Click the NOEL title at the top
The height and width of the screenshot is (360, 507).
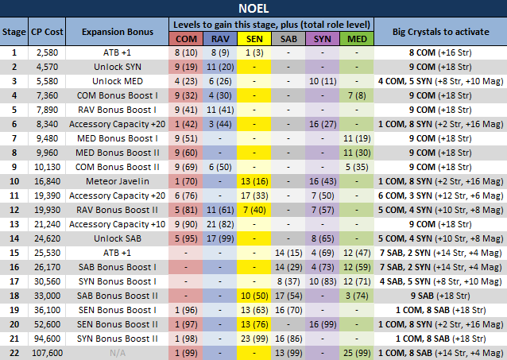[x=253, y=10]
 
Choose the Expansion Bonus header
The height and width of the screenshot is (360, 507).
[x=117, y=31]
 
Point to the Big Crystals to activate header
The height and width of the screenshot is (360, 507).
[x=440, y=31]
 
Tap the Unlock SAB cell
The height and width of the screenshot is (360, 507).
[x=117, y=238]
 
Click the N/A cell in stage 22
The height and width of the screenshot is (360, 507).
[x=117, y=352]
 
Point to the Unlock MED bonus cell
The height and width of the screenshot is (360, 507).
[x=117, y=81]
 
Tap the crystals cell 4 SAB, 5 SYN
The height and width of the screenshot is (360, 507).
[x=440, y=281]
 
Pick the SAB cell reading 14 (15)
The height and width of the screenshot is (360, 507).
[x=287, y=252]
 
